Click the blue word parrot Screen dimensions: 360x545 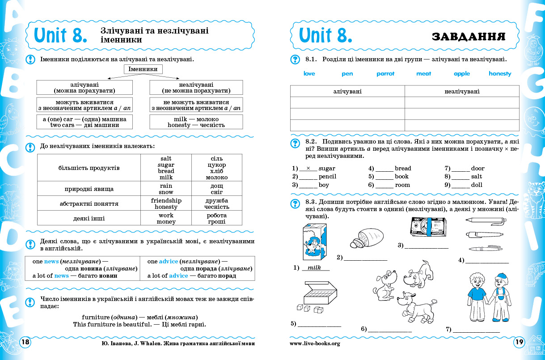click(x=385, y=74)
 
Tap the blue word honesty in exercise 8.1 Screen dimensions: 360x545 click(x=500, y=74)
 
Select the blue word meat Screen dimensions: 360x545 click(x=423, y=74)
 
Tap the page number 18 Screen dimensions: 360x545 click(x=25, y=342)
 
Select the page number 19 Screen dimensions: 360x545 click(x=519, y=342)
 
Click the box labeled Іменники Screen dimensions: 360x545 click(x=143, y=69)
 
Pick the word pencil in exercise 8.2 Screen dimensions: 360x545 click(x=327, y=177)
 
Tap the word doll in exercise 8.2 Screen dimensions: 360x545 click(x=477, y=185)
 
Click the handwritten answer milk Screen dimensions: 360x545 click(x=315, y=267)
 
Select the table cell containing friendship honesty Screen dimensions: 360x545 click(x=165, y=204)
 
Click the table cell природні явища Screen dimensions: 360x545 click(x=89, y=189)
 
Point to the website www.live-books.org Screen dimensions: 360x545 click(x=315, y=343)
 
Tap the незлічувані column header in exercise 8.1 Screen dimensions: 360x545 click(x=462, y=92)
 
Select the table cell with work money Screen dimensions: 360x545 click(x=165, y=218)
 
